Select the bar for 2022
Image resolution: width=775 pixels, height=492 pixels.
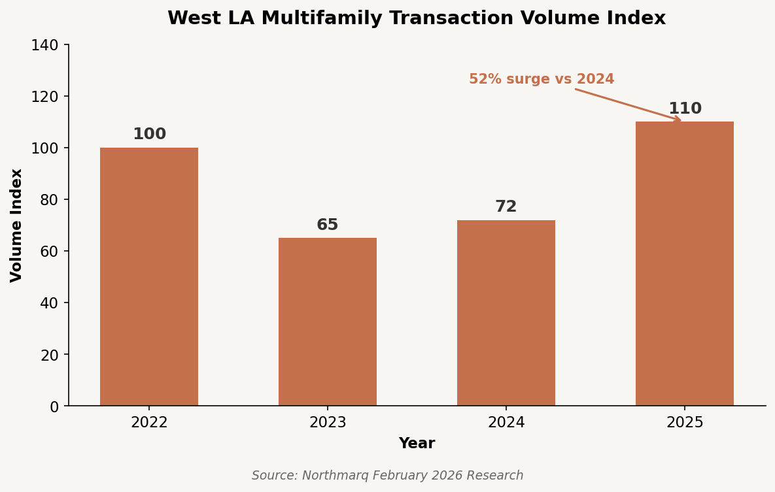pyautogui.click(x=149, y=276)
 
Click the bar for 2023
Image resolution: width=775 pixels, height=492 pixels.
pyautogui.click(x=328, y=321)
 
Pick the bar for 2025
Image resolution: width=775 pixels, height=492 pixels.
pyautogui.click(x=685, y=263)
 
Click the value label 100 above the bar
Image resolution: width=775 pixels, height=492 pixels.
pyautogui.click(x=149, y=135)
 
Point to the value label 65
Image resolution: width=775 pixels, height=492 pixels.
pyautogui.click(x=328, y=225)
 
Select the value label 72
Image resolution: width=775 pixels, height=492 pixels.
pyautogui.click(x=506, y=207)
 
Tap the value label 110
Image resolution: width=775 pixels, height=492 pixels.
pyautogui.click(x=685, y=109)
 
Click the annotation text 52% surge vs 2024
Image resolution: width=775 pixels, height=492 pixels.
pyautogui.click(x=542, y=80)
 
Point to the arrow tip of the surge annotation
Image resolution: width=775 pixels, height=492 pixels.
pyautogui.click(x=681, y=120)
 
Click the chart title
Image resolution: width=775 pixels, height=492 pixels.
pyautogui.click(x=417, y=18)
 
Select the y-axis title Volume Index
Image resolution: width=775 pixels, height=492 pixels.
pyautogui.click(x=17, y=225)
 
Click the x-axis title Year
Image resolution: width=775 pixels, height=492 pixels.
pyautogui.click(x=417, y=444)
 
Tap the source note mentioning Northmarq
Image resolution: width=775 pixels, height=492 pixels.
pyautogui.click(x=387, y=476)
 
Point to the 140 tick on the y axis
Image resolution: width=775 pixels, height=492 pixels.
pyautogui.click(x=44, y=45)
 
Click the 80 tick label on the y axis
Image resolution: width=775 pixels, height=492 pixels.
pyautogui.click(x=48, y=200)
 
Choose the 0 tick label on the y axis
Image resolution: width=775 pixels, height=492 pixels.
pyautogui.click(x=54, y=406)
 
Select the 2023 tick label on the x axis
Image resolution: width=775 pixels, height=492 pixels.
pyautogui.click(x=328, y=423)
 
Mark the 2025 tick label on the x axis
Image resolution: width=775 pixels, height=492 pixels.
pyautogui.click(x=685, y=423)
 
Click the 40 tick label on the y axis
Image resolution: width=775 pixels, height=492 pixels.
pyautogui.click(x=48, y=303)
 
